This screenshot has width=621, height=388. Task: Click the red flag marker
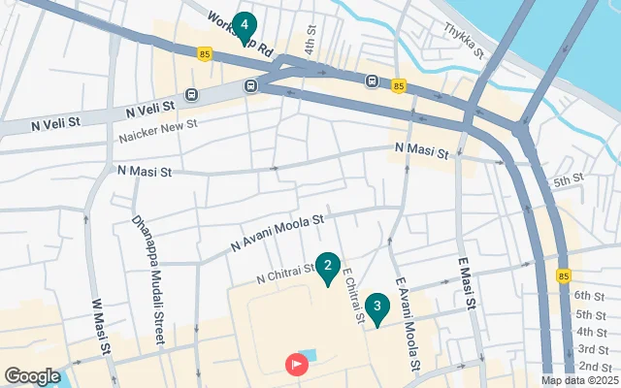pyautogui.click(x=296, y=365)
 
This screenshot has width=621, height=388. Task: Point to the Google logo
pyautogui.click(x=32, y=376)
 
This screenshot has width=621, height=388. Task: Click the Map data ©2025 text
pyautogui.click(x=579, y=381)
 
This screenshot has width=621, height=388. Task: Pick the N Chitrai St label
pyautogui.click(x=286, y=275)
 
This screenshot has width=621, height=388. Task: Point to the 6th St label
pyautogui.click(x=590, y=295)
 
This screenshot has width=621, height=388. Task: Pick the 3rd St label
pyautogui.click(x=592, y=349)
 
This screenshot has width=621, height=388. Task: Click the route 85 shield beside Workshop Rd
pyautogui.click(x=204, y=54)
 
